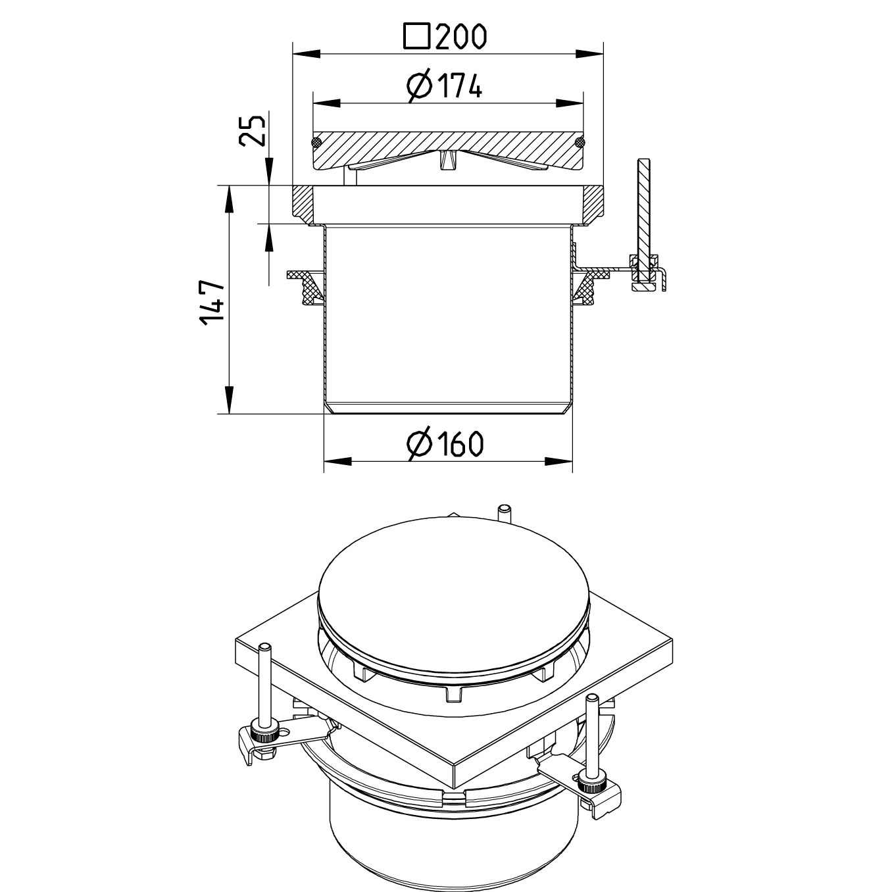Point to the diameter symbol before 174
[x=418, y=86]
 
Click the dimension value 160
[x=458, y=444]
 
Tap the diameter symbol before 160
[x=418, y=444]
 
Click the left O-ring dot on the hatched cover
[x=316, y=142]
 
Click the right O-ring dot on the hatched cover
[x=580, y=142]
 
